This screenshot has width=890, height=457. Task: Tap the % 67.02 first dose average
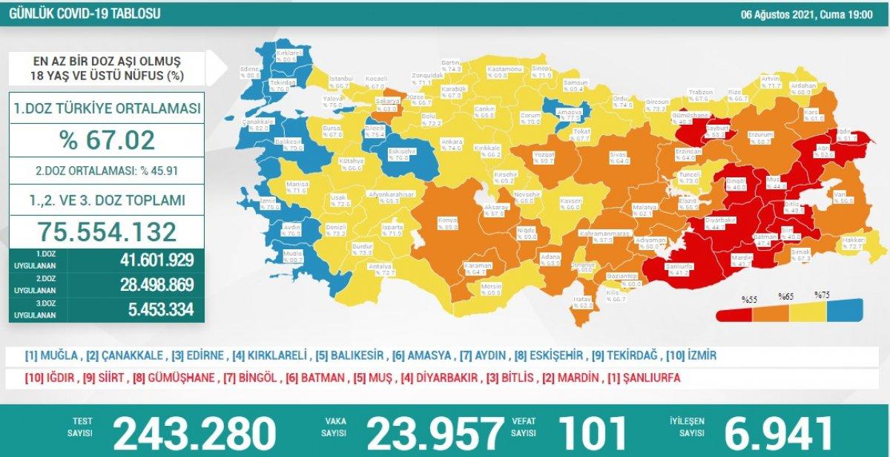point(109,139)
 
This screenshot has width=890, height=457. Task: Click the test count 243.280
point(194,433)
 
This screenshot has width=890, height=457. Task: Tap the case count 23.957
point(435,433)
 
